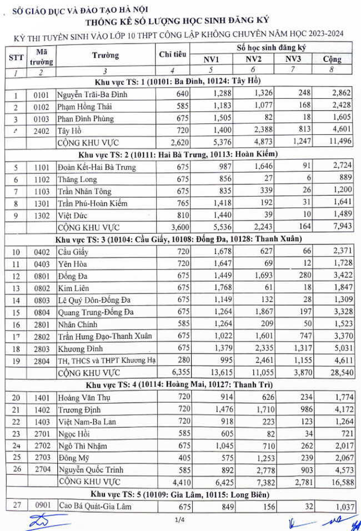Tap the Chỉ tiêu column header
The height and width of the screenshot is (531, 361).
[x=173, y=54]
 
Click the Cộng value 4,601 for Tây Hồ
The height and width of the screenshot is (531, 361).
[x=337, y=131]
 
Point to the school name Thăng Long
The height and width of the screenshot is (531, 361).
[x=77, y=179]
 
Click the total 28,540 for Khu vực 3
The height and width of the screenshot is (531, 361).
[x=337, y=372]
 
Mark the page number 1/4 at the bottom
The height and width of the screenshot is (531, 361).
[x=179, y=520]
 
